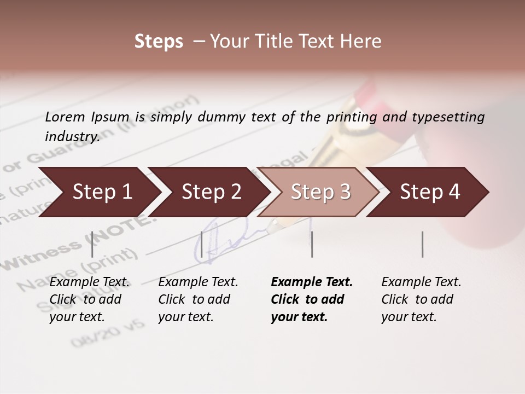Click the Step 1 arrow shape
(x=98, y=192)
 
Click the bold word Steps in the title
(x=159, y=42)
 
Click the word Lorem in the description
(x=65, y=117)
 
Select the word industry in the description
(x=72, y=136)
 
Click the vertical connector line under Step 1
(x=92, y=244)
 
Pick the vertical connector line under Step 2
(x=202, y=244)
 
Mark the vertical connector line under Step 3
(x=312, y=244)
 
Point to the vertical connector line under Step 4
(x=422, y=244)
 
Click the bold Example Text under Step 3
(x=312, y=282)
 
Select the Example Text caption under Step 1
(x=89, y=282)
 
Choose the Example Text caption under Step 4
(x=421, y=282)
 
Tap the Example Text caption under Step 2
(x=198, y=282)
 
